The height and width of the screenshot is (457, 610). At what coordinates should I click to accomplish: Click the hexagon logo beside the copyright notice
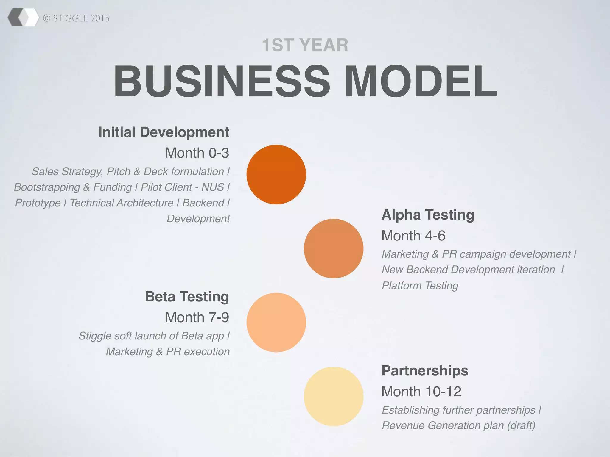pos(23,18)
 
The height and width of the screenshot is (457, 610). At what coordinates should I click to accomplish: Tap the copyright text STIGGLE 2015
pos(76,18)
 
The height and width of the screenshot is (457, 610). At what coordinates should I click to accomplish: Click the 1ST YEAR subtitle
pos(305,45)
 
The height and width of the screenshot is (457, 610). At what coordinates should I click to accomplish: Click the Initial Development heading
pos(164,132)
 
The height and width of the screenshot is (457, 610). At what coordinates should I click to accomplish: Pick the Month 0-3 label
pos(197,153)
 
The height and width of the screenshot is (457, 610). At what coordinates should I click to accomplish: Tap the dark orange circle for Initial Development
pos(276,175)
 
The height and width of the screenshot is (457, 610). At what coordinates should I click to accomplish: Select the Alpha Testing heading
pos(428,215)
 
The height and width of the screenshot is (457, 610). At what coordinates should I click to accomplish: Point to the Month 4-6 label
pos(413,236)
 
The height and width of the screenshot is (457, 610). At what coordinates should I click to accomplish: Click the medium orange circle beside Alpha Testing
pos(334,248)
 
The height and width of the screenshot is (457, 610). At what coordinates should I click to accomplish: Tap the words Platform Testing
pos(420,286)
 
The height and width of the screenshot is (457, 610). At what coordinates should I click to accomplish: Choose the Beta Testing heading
pos(187,297)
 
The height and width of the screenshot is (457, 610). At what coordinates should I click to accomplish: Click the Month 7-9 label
pos(197,317)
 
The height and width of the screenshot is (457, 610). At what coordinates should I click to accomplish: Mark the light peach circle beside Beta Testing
pos(276,323)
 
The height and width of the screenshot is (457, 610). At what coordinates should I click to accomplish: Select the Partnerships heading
pos(425,371)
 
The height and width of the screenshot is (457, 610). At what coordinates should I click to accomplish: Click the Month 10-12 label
pos(421,392)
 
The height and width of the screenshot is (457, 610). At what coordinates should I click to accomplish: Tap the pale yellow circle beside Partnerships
pos(334,396)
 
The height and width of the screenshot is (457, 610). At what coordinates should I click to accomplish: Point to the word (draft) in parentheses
pos(521,425)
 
